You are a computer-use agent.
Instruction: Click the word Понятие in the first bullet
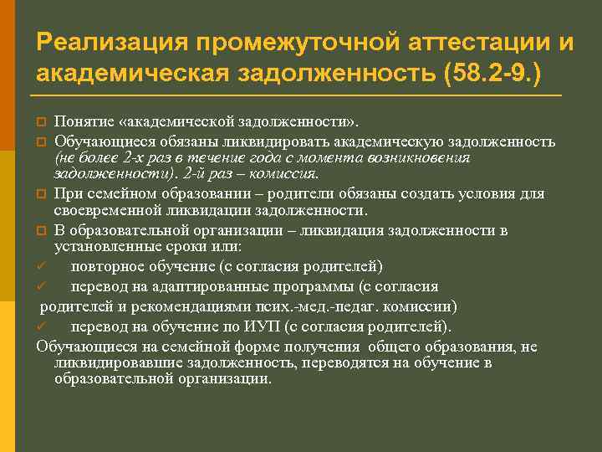pyautogui.click(x=82, y=125)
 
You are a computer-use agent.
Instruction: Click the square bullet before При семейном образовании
pyautogui.click(x=41, y=194)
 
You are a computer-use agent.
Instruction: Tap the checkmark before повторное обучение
pyautogui.click(x=42, y=266)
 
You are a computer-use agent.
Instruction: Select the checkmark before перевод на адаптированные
pyautogui.click(x=42, y=286)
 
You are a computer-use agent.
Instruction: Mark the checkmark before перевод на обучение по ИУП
pyautogui.click(x=42, y=326)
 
